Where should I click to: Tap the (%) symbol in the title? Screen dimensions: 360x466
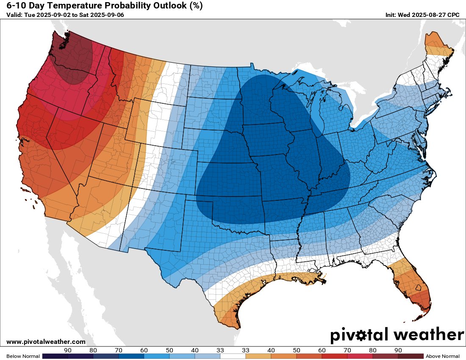[x=194, y=6]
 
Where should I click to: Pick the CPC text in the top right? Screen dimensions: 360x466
[x=453, y=15]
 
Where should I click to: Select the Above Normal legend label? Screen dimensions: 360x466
[x=442, y=356]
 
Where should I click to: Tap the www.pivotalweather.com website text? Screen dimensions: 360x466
[x=46, y=342]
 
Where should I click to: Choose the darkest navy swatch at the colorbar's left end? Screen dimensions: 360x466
[x=55, y=356]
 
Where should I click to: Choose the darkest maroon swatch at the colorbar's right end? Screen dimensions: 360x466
[x=411, y=356]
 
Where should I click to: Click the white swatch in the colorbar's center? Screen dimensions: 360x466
[x=233, y=356]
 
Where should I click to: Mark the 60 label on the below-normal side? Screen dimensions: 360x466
[x=144, y=350]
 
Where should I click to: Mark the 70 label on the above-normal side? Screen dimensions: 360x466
[x=322, y=350]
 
